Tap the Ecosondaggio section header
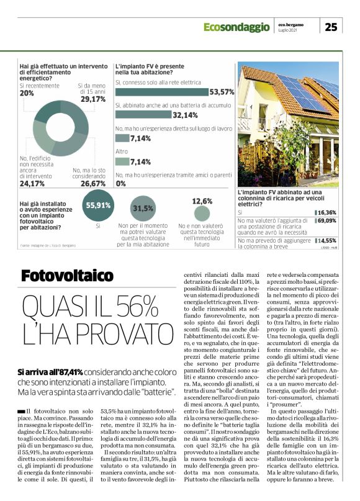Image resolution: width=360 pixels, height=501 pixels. [x=238, y=27]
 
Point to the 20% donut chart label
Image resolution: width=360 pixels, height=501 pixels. [x=27, y=93]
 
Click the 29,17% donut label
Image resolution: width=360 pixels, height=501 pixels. [x=93, y=99]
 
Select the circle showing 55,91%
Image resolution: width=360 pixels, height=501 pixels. [x=97, y=205]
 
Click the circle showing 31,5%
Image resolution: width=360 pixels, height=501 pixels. [x=143, y=209]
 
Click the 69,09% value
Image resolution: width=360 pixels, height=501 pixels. [x=327, y=220]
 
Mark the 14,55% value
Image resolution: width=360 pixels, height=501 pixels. [x=328, y=240]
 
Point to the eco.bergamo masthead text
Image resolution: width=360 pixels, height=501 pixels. [x=291, y=24]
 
